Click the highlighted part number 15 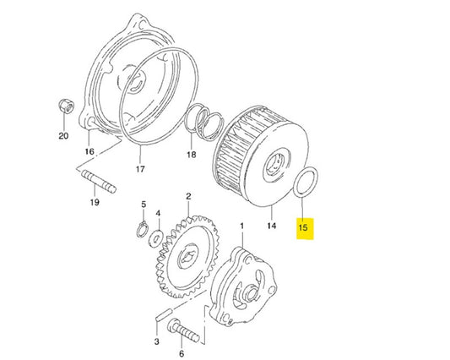click(304, 227)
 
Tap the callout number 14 click(271, 226)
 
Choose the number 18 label click(191, 155)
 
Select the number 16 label click(89, 151)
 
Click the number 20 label click(62, 135)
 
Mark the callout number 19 click(95, 203)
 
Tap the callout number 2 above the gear click(187, 196)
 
